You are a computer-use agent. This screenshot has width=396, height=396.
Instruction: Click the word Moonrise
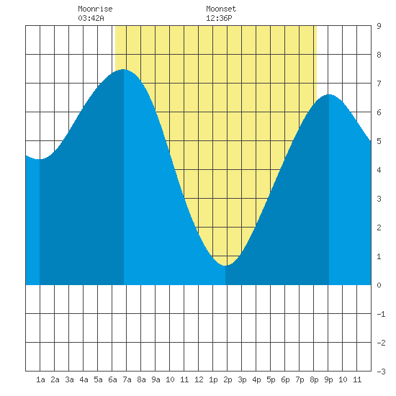[x=95, y=9]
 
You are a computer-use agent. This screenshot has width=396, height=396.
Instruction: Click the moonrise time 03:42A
[x=91, y=18]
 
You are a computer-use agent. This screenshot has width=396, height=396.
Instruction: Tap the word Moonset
[x=221, y=9]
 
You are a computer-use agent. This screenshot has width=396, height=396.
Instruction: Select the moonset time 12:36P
[x=219, y=18]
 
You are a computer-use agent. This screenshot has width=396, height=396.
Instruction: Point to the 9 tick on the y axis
[x=379, y=26]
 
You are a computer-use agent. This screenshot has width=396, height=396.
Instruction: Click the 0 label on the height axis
[x=379, y=285]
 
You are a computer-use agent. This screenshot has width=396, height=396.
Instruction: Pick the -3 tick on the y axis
[x=381, y=372]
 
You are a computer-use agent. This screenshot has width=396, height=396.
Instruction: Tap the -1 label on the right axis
[x=381, y=314]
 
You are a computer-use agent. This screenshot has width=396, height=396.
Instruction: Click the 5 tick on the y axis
[x=379, y=141]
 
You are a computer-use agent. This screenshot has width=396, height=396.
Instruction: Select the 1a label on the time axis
[x=40, y=379]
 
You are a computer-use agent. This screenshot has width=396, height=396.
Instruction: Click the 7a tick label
[x=127, y=379]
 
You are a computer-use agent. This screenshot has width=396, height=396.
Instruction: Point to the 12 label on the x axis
[x=199, y=379]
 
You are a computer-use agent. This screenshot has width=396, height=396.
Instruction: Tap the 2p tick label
[x=228, y=379]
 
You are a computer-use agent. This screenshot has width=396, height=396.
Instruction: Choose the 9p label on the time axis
[x=328, y=379]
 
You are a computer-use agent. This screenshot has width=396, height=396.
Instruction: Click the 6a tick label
[x=112, y=379]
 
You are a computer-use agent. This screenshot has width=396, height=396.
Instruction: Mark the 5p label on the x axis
[x=271, y=379]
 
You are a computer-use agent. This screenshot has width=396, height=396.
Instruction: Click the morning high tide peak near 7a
[x=123, y=69]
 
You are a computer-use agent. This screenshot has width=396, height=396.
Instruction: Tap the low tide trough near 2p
[x=225, y=266]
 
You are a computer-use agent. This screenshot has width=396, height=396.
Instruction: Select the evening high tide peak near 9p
[x=329, y=94]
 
